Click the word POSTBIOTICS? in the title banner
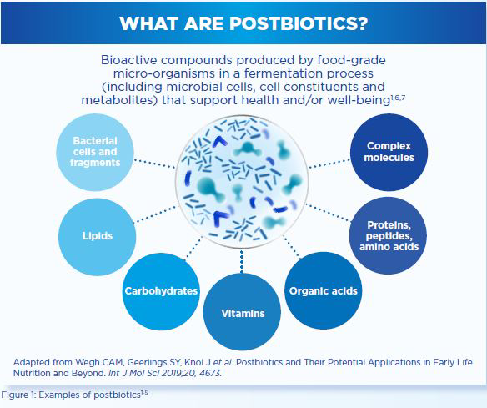point(299,23)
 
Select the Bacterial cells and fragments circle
point(95,152)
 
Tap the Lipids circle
point(98,237)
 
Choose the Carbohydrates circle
point(161,291)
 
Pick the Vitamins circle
point(243,312)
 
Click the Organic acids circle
point(324,290)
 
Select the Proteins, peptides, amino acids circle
point(389,235)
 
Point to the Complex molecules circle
point(389,152)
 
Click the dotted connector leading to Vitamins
point(242,262)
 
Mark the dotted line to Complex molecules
point(329,164)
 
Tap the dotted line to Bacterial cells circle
point(154,164)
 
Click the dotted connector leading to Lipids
point(157,214)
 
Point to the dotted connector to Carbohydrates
point(193,247)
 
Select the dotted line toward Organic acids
point(291,247)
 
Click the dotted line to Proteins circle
point(329,213)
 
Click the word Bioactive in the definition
point(130,60)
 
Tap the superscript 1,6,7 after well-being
point(398,98)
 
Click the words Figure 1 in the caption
point(19,395)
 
